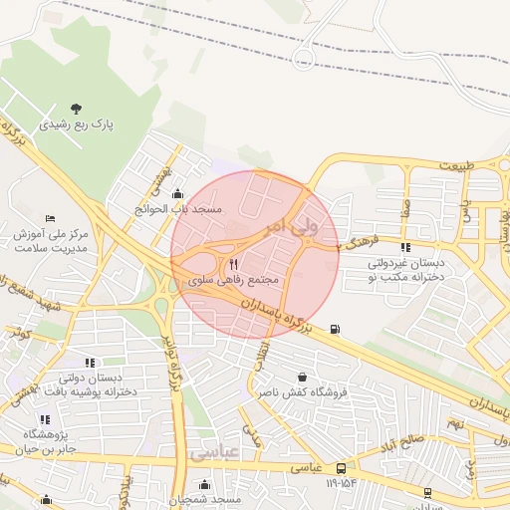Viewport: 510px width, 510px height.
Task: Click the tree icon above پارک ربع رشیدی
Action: (77, 109)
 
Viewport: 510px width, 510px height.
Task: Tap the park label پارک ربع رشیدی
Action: (77, 126)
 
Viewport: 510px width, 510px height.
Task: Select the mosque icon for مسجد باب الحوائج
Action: (178, 194)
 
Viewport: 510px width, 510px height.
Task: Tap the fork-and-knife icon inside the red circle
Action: (234, 265)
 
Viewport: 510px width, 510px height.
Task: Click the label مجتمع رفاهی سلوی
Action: (236, 282)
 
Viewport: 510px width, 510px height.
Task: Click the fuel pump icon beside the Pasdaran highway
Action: (333, 330)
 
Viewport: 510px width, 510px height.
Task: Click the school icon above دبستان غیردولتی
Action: (404, 247)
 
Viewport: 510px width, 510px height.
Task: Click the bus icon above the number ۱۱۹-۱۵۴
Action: (342, 468)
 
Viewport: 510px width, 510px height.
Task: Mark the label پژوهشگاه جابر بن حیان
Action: (44, 442)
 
